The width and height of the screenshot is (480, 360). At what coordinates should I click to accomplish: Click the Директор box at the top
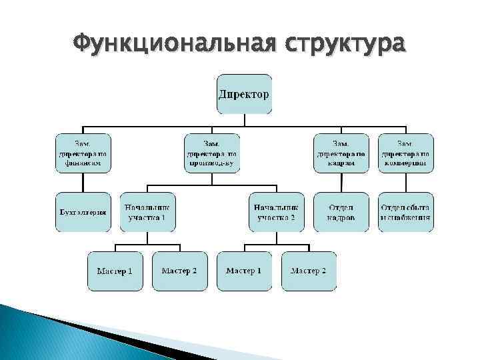tap(244, 93)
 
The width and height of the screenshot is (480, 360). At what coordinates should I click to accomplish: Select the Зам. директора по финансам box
tap(82, 153)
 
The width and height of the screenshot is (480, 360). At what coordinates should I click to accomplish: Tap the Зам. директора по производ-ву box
tap(211, 153)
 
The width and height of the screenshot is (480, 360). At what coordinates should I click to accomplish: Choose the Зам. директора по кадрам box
tap(341, 153)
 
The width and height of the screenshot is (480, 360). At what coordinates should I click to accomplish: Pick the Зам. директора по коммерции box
tap(405, 153)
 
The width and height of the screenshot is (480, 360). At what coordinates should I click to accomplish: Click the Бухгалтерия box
tap(82, 212)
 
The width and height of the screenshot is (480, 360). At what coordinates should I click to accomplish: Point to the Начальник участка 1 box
tap(147, 212)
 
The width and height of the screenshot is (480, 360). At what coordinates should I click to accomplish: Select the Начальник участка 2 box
tap(276, 212)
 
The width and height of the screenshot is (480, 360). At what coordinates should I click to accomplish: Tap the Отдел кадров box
tap(341, 212)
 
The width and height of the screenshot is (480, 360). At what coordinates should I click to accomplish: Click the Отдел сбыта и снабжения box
tap(405, 212)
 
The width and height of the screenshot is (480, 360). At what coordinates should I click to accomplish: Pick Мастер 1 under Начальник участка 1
tap(115, 271)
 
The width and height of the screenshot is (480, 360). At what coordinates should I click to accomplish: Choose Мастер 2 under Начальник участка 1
tap(179, 271)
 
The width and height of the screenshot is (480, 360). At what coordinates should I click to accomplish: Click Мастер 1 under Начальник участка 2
tap(243, 271)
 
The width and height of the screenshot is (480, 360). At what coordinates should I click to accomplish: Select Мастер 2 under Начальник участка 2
tap(309, 271)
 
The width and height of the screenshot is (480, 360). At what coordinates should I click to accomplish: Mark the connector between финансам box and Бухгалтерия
tap(82, 183)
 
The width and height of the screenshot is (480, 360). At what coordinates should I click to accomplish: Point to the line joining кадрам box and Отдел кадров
tap(341, 183)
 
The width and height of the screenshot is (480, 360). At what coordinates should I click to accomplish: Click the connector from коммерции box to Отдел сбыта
tap(405, 183)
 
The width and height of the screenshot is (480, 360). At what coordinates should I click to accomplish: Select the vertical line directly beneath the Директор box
tap(244, 120)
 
